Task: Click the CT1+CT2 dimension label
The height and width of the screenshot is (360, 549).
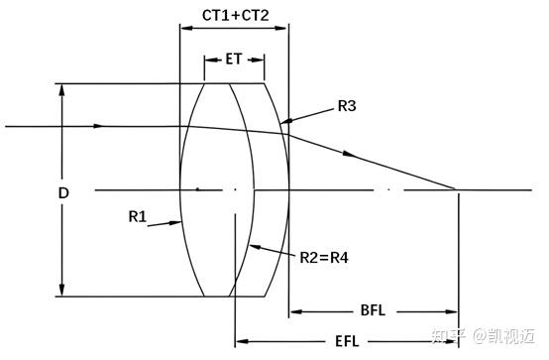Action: tap(235, 15)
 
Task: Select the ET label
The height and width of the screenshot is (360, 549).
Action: tap(234, 59)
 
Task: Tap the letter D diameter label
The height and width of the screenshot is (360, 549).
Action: tap(63, 192)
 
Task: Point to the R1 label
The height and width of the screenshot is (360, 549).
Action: tap(137, 216)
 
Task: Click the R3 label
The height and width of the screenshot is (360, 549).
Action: tap(347, 106)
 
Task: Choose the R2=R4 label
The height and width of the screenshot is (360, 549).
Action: tap(324, 258)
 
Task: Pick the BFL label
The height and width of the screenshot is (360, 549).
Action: tap(373, 310)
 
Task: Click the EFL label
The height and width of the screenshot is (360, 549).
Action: tap(347, 341)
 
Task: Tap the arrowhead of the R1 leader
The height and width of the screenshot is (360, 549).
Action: tap(175, 222)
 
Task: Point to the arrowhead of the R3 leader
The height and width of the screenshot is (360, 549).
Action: tap(286, 121)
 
